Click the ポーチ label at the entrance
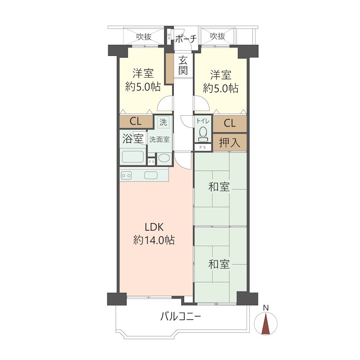tap(185, 39)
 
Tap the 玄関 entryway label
tap(183, 65)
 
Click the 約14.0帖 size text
tap(154, 240)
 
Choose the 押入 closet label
tap(229, 143)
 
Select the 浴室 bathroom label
tap(133, 139)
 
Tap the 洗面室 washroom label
tap(159, 139)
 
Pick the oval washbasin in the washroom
tap(164, 158)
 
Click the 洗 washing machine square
tap(163, 122)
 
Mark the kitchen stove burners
tap(126, 175)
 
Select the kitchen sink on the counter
tap(151, 175)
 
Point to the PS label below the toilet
tap(202, 147)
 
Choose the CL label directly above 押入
tap(229, 123)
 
